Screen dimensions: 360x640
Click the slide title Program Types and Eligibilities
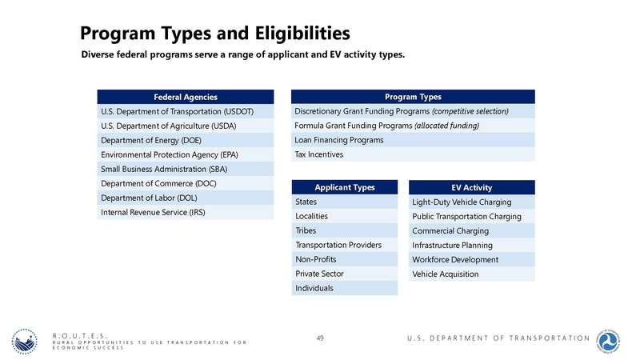[214, 34]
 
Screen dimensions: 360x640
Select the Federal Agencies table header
[186, 97]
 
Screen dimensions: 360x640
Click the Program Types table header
[413, 97]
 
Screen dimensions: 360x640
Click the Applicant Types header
[345, 187]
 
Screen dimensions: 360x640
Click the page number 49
[320, 338]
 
